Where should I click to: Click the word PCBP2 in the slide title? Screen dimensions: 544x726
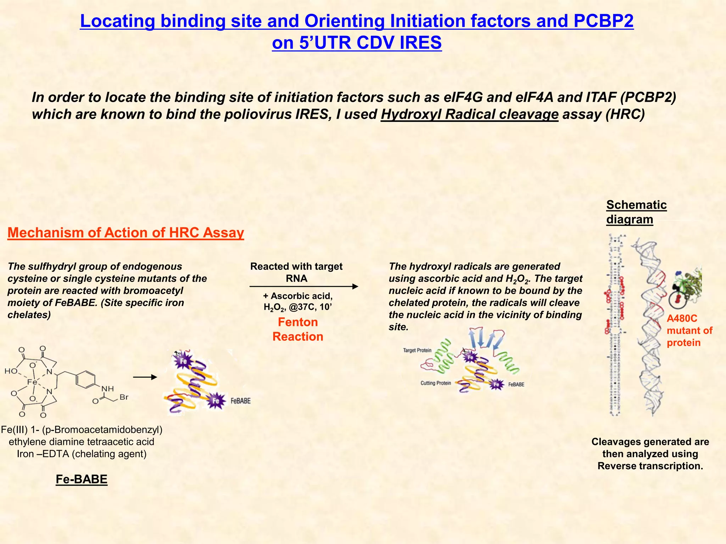click(603, 21)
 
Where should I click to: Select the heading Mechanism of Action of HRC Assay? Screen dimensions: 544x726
click(125, 233)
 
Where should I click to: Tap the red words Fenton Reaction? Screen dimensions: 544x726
click(298, 329)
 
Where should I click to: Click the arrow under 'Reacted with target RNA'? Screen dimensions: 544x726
click(304, 287)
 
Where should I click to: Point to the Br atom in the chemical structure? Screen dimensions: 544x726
click(124, 397)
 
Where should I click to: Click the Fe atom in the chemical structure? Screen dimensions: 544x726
click(32, 382)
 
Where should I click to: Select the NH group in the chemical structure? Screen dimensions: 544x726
click(108, 389)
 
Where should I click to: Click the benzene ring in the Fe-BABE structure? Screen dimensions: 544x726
click(85, 379)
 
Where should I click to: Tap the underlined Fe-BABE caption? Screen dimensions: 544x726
click(82, 479)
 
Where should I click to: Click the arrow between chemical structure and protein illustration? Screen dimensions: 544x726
click(145, 377)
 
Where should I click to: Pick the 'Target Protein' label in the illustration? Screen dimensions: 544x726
click(417, 350)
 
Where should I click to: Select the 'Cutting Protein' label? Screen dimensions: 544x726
click(436, 383)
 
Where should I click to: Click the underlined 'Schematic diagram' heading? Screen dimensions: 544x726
click(636, 212)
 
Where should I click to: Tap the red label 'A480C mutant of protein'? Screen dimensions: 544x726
click(689, 330)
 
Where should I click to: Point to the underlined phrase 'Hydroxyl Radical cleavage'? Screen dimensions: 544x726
click(469, 114)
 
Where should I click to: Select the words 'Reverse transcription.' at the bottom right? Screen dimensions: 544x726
click(650, 466)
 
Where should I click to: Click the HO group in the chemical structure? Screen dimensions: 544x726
click(11, 371)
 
